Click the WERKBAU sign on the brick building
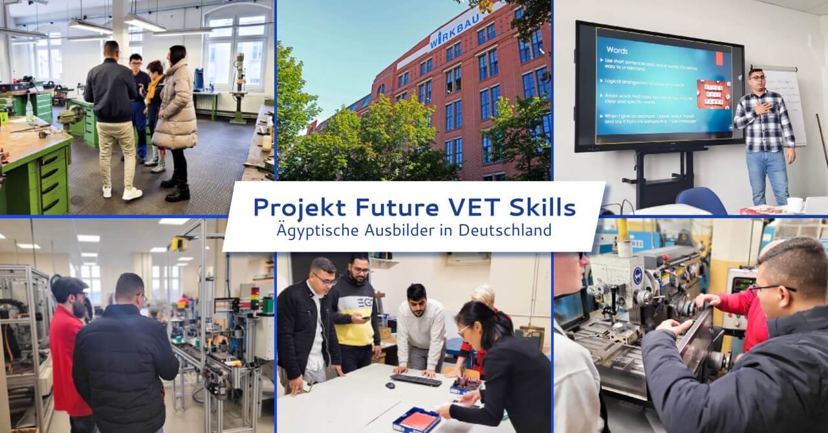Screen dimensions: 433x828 (457, 30)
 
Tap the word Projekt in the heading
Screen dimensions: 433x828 (293, 208)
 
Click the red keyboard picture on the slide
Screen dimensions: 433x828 (713, 94)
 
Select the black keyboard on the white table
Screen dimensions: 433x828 (416, 380)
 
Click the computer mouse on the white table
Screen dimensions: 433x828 (390, 385)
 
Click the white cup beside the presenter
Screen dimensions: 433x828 (794, 204)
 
